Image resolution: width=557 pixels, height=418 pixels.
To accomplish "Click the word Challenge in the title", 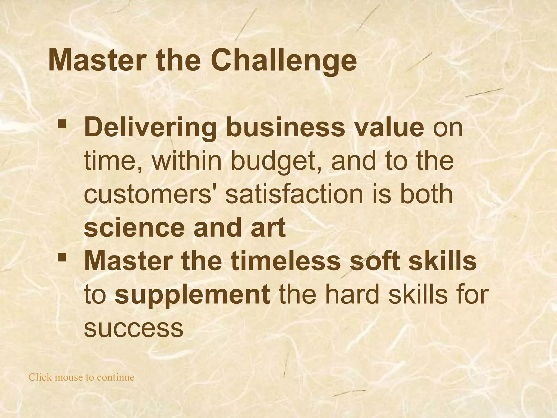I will pos(283,60).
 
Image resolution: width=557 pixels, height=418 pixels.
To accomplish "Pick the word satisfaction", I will pos(294,194).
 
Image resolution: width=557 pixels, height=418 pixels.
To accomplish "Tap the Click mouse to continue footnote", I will pos(82,377).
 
